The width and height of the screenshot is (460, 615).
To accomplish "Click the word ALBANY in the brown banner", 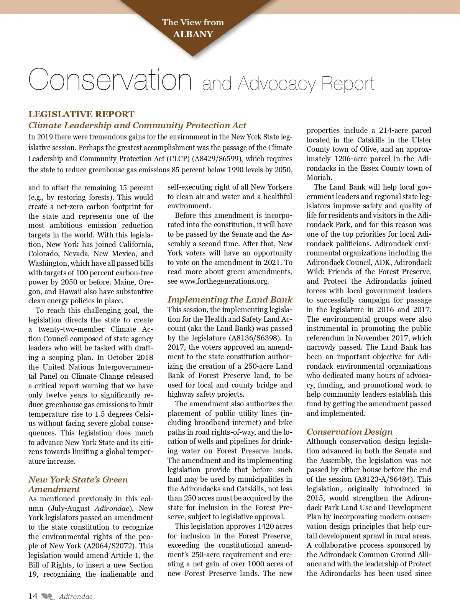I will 193,34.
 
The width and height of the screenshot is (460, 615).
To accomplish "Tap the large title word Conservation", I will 110,79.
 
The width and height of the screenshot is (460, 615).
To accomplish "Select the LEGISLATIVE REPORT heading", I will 81,114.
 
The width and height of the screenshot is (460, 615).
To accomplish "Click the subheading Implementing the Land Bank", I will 230,299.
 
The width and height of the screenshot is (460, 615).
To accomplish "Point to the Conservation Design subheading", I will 350,432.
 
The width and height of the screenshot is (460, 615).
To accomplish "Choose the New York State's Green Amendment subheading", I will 78,484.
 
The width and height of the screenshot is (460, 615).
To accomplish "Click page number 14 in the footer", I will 33,596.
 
